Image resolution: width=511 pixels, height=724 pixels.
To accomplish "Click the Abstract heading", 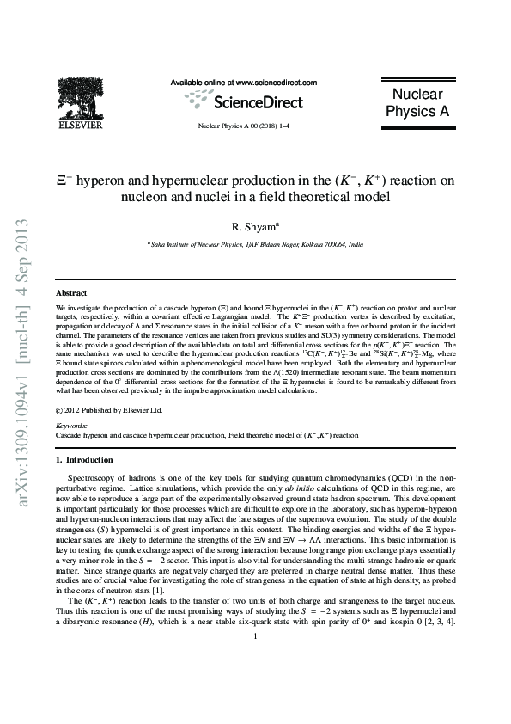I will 71,293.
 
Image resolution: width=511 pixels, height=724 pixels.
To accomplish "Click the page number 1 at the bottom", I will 256,684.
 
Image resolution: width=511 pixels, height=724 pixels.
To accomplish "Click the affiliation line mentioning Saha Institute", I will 256,244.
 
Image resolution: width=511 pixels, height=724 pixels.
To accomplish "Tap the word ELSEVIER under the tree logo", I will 80,126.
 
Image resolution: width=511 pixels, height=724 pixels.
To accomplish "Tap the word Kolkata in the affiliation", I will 307,244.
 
